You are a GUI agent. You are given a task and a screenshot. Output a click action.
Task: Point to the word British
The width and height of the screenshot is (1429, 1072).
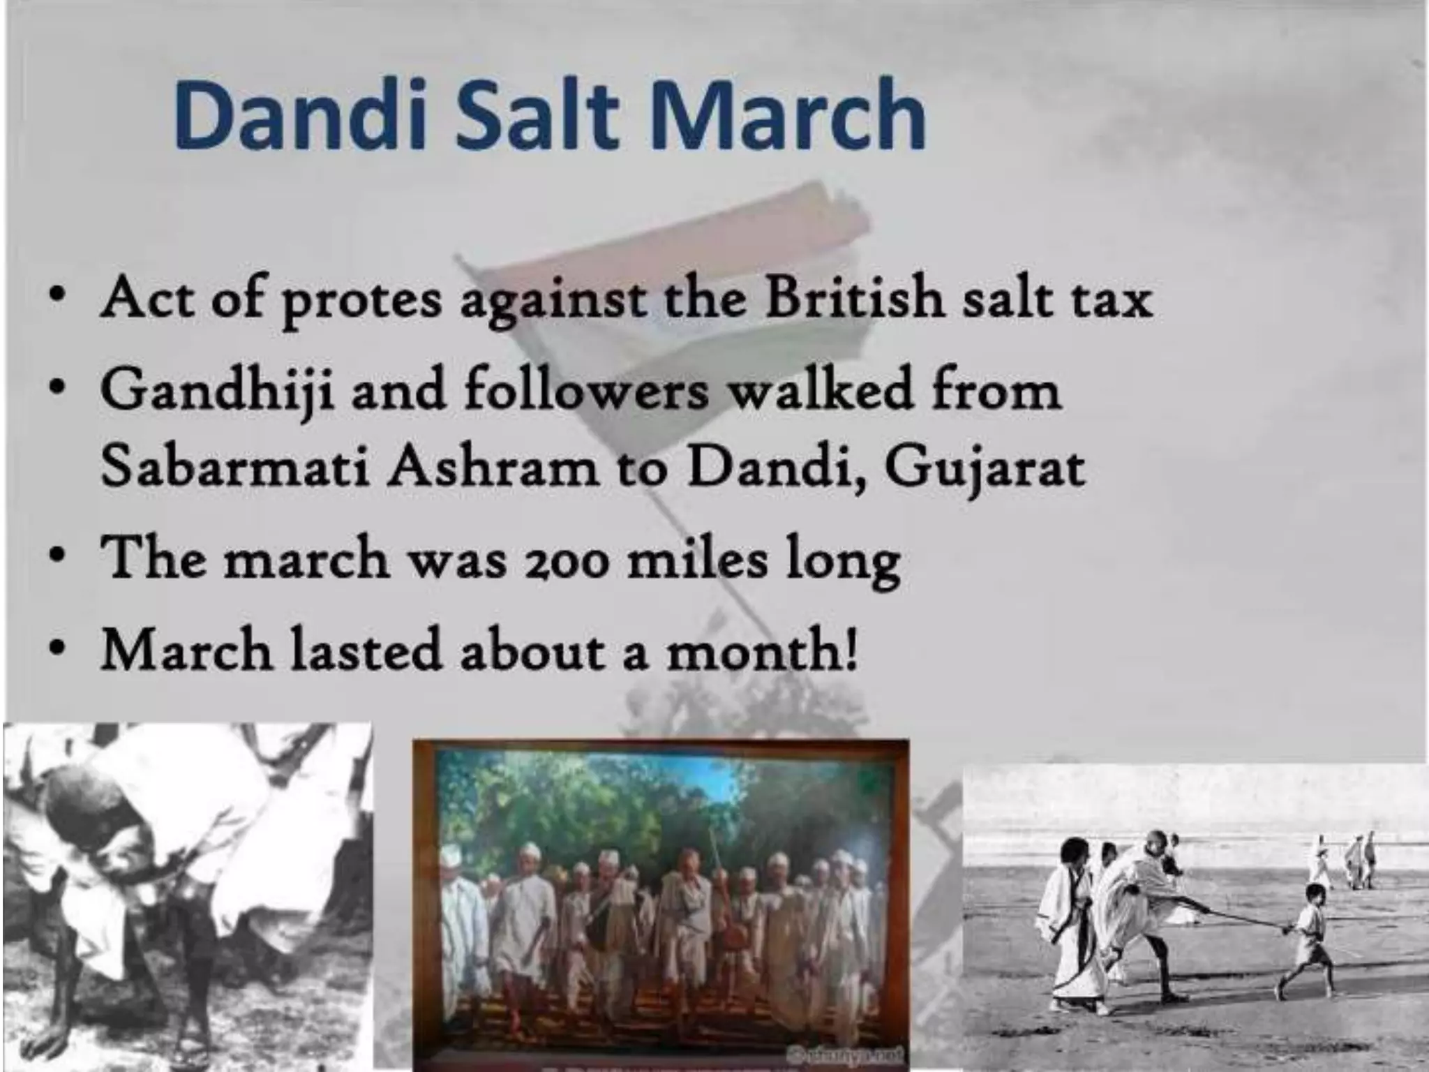tap(855, 297)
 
